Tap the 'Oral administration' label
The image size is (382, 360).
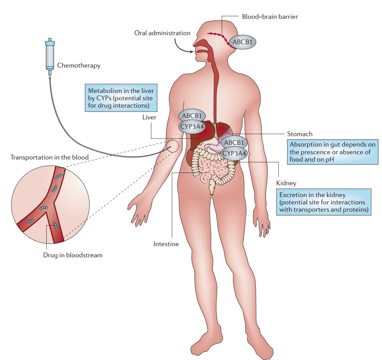click(x=162, y=33)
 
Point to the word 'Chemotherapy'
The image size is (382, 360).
click(x=78, y=65)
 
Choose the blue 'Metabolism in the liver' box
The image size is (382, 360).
click(x=120, y=98)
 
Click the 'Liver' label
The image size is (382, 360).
click(x=149, y=117)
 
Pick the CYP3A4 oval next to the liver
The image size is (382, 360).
click(x=192, y=126)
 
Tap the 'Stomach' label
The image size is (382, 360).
click(x=300, y=134)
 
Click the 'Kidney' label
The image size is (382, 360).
click(x=286, y=183)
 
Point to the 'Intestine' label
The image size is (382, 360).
click(x=166, y=244)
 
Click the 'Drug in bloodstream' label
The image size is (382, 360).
click(x=73, y=255)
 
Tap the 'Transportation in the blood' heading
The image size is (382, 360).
click(x=49, y=157)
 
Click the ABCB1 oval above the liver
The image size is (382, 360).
click(x=192, y=115)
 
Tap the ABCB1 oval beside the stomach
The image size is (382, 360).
click(x=235, y=142)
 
